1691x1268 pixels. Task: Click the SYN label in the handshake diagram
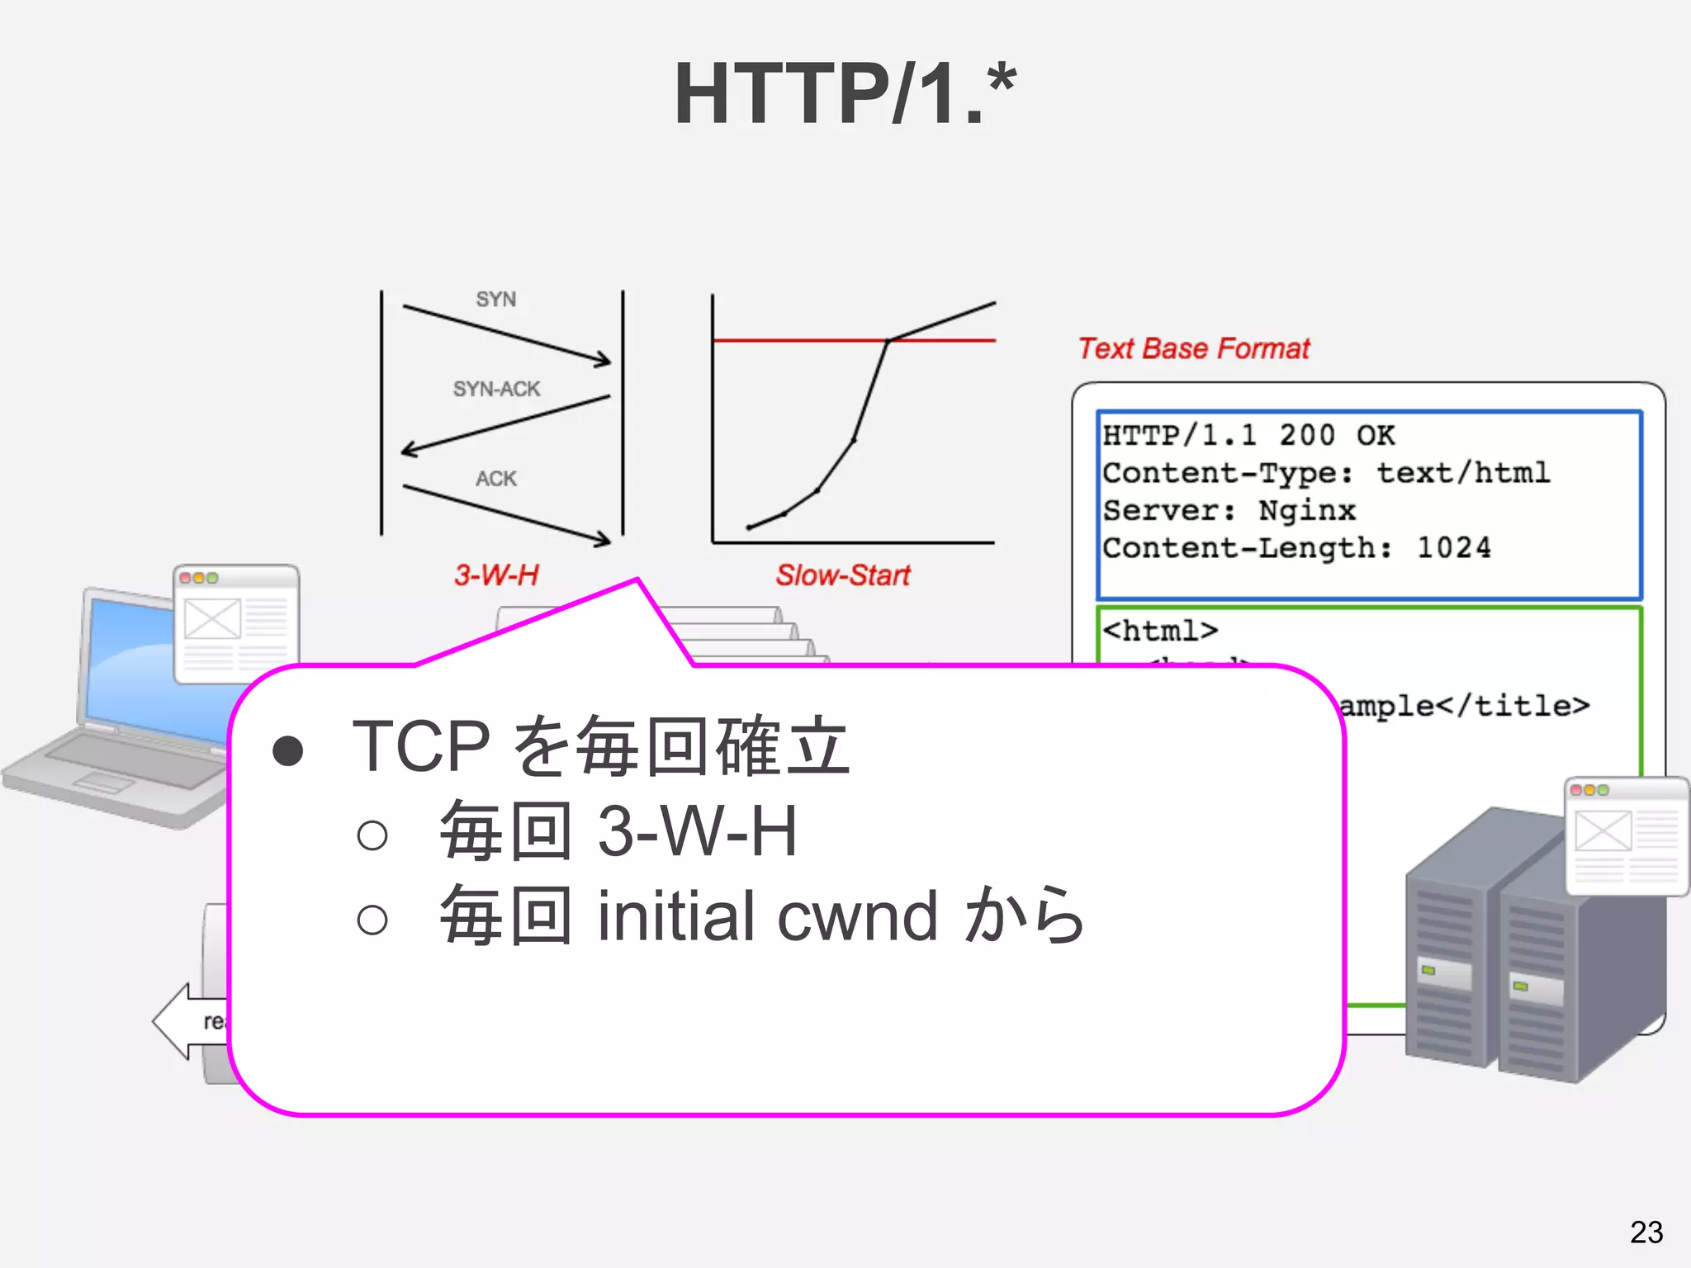click(x=495, y=299)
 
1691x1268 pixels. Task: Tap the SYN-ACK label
click(x=496, y=389)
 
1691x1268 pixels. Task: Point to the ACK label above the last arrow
click(x=495, y=479)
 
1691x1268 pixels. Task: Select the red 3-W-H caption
click(x=495, y=575)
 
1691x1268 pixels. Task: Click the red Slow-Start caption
click(x=842, y=575)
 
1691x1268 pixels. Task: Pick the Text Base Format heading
click(x=1194, y=348)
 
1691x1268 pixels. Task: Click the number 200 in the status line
click(x=1306, y=435)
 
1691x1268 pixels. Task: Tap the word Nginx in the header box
click(x=1306, y=511)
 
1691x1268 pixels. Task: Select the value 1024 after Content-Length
click(x=1453, y=548)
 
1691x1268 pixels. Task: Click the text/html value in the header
click(x=1462, y=473)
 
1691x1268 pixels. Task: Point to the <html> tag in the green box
click(x=1160, y=631)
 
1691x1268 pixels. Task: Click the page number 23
click(x=1646, y=1233)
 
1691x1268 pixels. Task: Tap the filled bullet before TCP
click(x=287, y=750)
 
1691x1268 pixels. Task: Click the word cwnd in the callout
click(x=857, y=916)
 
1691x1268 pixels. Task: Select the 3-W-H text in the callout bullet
click(x=697, y=831)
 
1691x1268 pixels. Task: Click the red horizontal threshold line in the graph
click(x=793, y=340)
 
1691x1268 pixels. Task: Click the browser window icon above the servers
click(x=1625, y=835)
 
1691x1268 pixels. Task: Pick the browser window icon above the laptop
click(x=235, y=624)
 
